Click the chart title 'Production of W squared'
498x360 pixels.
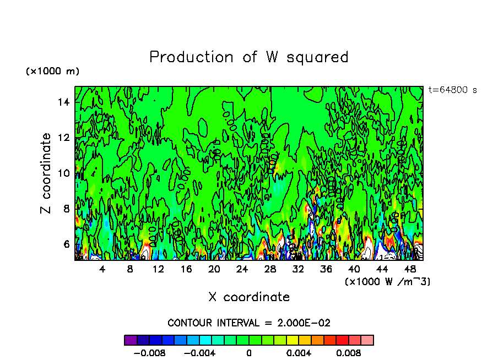[x=249, y=57]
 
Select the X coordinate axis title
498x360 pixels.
[x=249, y=297]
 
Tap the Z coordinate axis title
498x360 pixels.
[x=46, y=173]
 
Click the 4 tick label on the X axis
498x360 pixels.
[x=102, y=269]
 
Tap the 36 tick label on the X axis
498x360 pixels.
[x=327, y=269]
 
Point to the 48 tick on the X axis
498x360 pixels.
[x=410, y=269]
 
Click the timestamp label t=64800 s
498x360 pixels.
[x=453, y=90]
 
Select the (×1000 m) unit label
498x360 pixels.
[x=53, y=72]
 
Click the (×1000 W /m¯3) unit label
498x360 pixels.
[x=387, y=282]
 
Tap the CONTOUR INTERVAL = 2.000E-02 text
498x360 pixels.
[x=249, y=323]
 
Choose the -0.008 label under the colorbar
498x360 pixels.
[x=150, y=353]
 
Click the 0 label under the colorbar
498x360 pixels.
[x=249, y=353]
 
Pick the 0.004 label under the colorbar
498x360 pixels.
[x=299, y=353]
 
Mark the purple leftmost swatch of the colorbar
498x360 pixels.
[x=131, y=340]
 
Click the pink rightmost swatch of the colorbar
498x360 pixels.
[x=367, y=340]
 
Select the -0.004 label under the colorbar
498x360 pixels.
[x=199, y=353]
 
